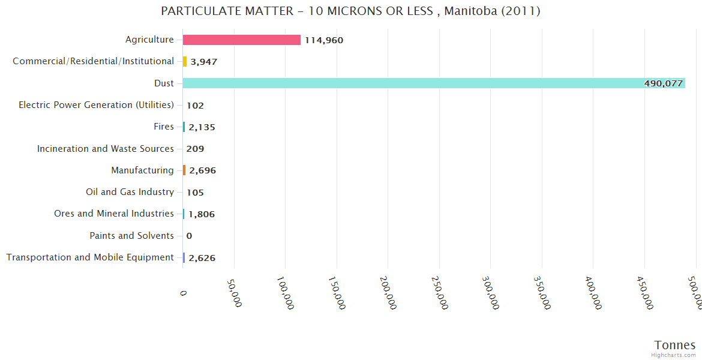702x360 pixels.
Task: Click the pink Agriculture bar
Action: point(241,40)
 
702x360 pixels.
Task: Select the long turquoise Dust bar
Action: point(432,83)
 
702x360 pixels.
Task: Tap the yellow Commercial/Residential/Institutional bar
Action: point(185,61)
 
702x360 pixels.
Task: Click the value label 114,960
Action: point(324,40)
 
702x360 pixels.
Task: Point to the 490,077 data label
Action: point(664,83)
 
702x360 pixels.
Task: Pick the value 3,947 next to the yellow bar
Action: point(203,62)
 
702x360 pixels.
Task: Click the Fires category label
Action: point(164,127)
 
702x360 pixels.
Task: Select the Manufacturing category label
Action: point(142,170)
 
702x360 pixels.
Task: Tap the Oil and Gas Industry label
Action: point(130,192)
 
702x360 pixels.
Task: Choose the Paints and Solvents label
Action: point(131,236)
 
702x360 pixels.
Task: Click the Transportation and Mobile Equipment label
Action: point(90,257)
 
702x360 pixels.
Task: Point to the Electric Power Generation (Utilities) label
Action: point(96,105)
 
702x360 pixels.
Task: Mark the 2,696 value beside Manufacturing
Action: point(202,170)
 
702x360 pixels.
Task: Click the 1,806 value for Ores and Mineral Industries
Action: point(202,214)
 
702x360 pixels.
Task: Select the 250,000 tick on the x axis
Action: point(440,293)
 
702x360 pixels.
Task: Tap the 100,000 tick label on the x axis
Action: point(286,293)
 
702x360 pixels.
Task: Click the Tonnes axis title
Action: point(675,345)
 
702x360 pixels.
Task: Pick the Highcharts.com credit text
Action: point(674,355)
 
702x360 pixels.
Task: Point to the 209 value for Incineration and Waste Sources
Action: point(194,149)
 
